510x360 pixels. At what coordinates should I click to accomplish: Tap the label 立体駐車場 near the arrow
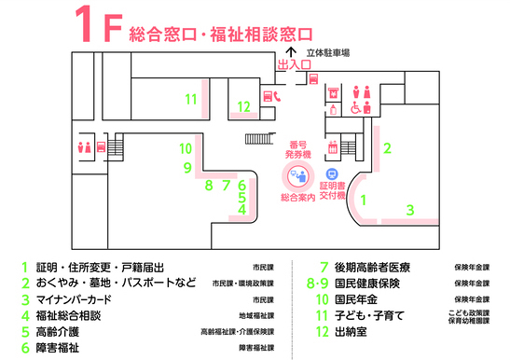327,53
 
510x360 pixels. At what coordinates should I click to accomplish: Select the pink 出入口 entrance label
294,65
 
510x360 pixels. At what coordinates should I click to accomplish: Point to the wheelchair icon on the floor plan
354,106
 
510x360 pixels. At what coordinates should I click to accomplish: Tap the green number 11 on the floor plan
191,98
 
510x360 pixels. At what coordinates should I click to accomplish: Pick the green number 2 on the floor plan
387,146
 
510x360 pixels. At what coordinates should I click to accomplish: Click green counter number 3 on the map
409,210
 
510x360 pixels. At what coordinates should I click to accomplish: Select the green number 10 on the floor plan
186,148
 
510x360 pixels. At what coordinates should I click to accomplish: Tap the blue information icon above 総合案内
298,174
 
